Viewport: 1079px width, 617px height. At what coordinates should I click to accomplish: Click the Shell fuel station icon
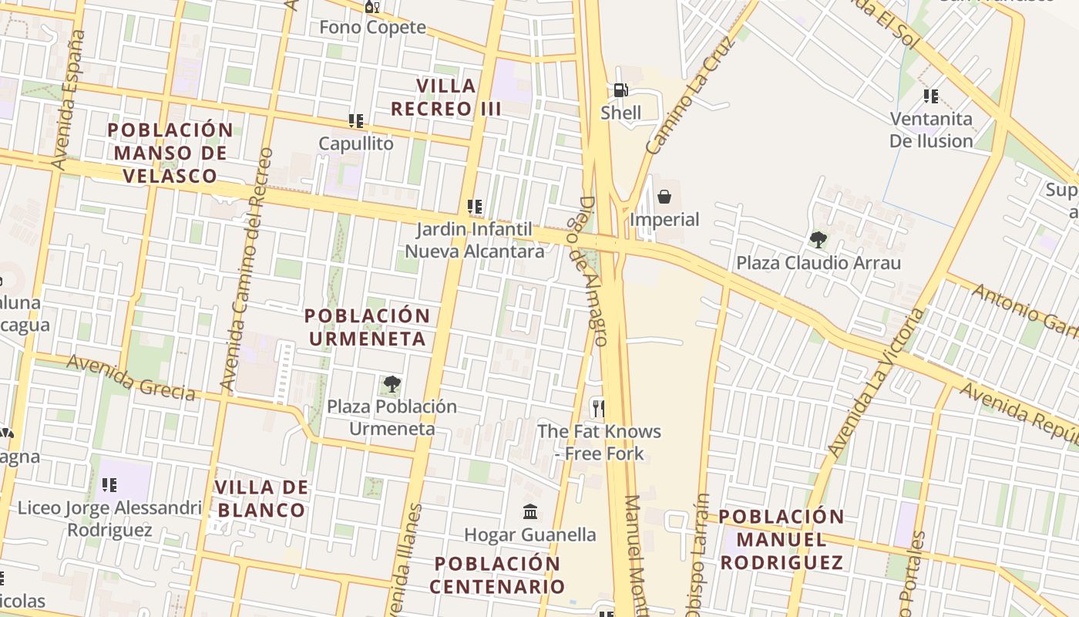point(620,91)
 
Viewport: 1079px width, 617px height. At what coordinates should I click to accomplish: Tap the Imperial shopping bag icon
point(664,197)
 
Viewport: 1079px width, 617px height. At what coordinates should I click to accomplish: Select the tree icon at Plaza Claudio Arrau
point(818,240)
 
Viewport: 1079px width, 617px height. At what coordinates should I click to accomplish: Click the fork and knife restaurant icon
point(597,407)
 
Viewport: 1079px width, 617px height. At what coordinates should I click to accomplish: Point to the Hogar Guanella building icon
point(530,511)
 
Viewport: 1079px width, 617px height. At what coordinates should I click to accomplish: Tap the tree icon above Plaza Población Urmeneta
point(392,383)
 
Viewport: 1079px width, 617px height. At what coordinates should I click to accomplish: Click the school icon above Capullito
point(355,121)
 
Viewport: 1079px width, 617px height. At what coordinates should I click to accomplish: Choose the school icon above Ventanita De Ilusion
point(931,96)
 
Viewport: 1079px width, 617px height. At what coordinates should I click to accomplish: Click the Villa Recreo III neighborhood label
point(446,97)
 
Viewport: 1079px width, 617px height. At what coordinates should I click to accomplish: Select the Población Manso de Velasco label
point(170,153)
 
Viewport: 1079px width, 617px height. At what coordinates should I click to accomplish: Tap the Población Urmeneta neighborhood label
point(367,327)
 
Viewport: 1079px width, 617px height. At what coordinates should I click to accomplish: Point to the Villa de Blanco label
point(261,498)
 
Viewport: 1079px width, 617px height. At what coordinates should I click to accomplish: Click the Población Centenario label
point(497,575)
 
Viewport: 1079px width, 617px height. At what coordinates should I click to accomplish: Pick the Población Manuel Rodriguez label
point(782,539)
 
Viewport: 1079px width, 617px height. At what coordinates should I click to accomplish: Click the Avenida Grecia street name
point(130,377)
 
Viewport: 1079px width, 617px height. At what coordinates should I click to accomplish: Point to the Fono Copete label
point(372,27)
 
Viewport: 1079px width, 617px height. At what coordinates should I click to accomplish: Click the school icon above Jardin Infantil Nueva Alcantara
point(475,207)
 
